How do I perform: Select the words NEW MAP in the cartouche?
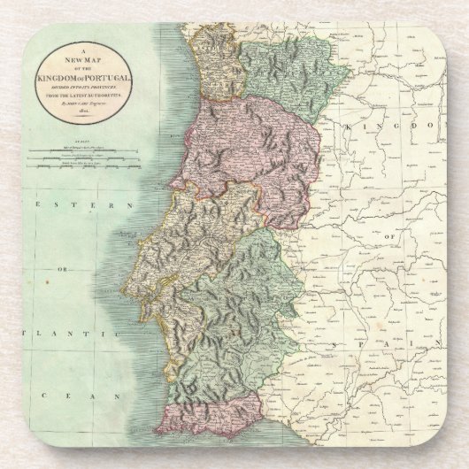pyautogui.click(x=88, y=64)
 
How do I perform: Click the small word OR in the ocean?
pyautogui.click(x=63, y=269)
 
